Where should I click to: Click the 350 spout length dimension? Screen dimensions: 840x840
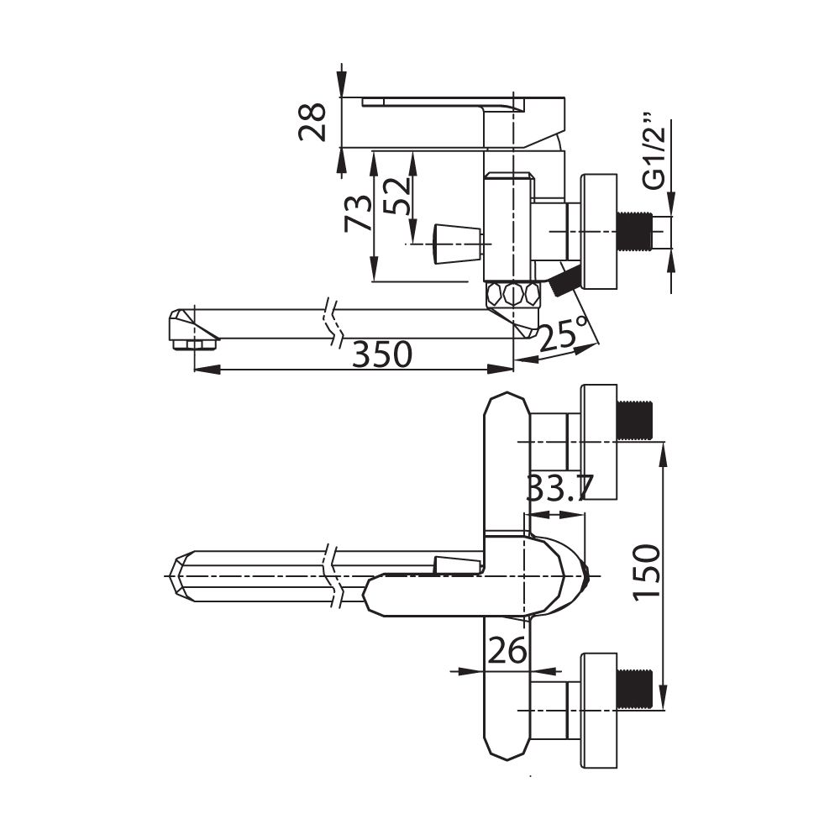382,354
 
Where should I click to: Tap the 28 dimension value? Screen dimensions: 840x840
312,122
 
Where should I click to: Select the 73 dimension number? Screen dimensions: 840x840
357,213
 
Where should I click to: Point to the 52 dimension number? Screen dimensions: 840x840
398,196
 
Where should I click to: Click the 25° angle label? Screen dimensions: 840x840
563,333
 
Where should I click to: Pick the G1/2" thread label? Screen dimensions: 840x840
654,151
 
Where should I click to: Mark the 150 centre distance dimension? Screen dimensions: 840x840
647,573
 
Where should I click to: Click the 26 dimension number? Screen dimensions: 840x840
507,652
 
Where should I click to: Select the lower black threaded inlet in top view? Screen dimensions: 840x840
635,689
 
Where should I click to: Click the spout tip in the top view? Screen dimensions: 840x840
181,576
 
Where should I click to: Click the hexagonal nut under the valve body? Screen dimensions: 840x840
512,293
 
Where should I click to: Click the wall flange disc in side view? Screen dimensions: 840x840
600,232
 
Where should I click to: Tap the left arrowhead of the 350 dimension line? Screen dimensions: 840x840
207,369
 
